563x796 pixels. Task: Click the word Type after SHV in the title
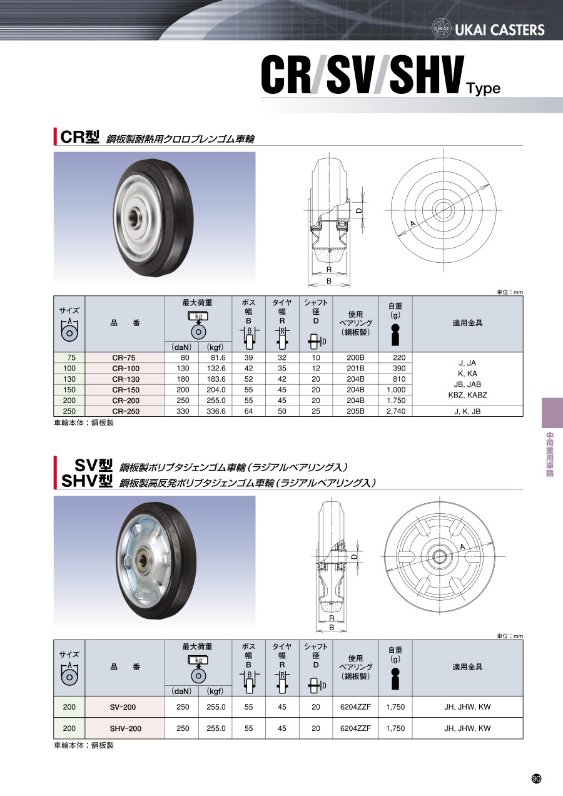click(484, 89)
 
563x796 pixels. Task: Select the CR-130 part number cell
click(126, 379)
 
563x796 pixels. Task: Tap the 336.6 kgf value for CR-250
click(216, 411)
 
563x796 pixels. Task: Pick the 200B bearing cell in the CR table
click(355, 357)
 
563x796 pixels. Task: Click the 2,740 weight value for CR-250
click(396, 411)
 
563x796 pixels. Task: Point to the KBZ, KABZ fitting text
click(467, 395)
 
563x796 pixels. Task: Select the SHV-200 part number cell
click(125, 728)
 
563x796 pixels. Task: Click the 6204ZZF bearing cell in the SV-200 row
click(355, 707)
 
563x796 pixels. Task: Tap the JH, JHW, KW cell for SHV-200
click(467, 728)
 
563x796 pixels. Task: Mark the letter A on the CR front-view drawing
click(413, 224)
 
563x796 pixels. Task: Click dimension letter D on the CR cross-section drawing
click(359, 210)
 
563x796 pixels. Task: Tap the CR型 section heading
click(79, 136)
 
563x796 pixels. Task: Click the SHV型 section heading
click(87, 481)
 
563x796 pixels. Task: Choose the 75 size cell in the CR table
click(69, 357)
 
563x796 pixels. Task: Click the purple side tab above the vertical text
click(552, 413)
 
